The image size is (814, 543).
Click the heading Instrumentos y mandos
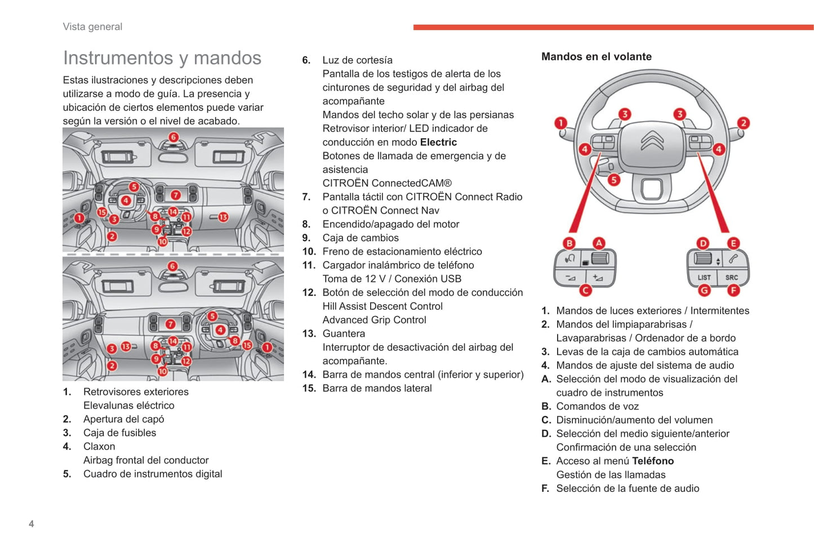click(162, 58)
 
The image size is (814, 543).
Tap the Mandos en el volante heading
click(596, 56)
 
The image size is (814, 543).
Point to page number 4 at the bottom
click(32, 524)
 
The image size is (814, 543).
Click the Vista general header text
click(92, 26)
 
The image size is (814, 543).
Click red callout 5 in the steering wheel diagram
click(613, 180)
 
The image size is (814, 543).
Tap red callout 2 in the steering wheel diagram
click(743, 123)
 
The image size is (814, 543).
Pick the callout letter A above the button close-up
click(599, 243)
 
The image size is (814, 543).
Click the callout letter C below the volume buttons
click(585, 290)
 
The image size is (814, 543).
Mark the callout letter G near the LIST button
click(704, 290)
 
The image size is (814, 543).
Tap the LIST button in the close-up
click(704, 277)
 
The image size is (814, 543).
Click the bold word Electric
click(438, 142)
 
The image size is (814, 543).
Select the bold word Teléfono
click(653, 461)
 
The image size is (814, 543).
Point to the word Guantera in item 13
click(344, 333)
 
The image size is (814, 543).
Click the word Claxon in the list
click(99, 446)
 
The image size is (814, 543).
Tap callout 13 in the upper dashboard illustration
click(223, 217)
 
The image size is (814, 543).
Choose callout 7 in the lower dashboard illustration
click(170, 324)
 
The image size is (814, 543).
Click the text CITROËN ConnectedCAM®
click(387, 183)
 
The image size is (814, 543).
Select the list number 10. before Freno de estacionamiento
click(309, 251)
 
